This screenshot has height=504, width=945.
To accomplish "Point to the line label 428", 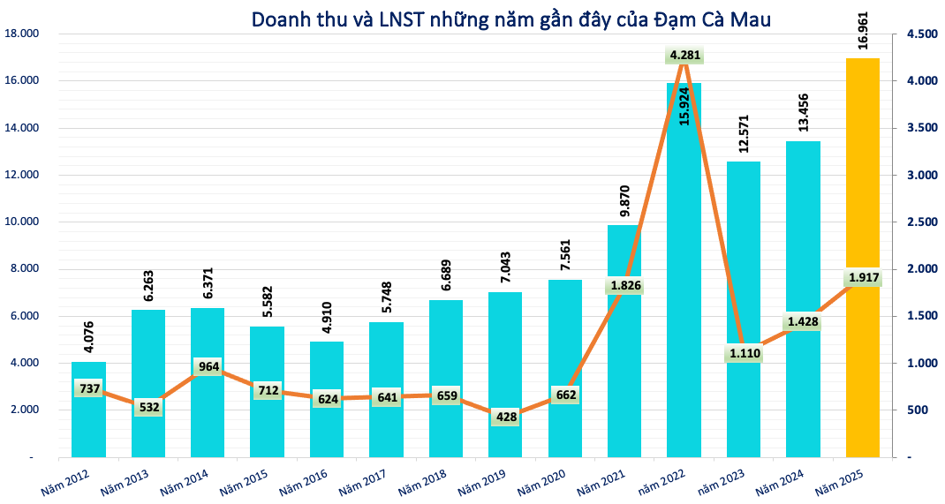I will click(506, 417).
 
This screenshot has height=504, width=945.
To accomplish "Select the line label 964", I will click(208, 367).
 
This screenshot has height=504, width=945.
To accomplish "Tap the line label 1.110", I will click(745, 354).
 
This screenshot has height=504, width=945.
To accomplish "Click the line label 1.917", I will click(864, 278).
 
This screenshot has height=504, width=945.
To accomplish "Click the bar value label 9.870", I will click(624, 200).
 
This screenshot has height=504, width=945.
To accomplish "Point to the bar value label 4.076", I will click(88, 337).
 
